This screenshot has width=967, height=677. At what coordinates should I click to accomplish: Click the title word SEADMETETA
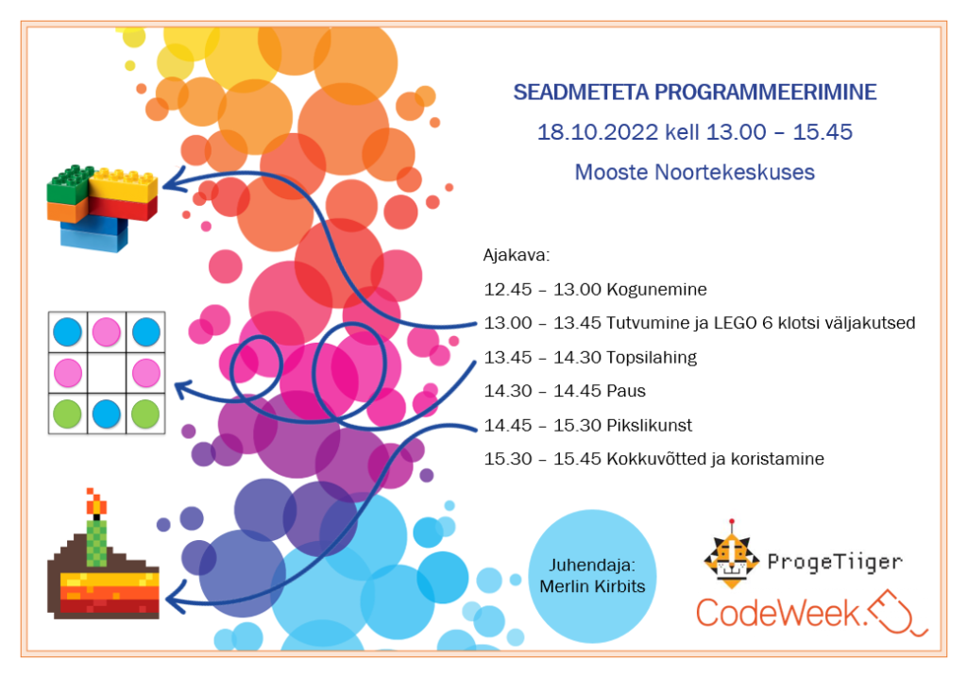[581, 93]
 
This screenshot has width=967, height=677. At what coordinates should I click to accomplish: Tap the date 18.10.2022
[598, 132]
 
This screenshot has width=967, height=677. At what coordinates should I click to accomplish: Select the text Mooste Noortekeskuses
[694, 172]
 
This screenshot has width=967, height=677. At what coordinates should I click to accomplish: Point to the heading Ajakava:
[517, 255]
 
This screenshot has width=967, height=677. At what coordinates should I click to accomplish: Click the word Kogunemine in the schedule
[656, 290]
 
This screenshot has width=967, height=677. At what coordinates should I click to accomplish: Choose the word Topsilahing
[652, 358]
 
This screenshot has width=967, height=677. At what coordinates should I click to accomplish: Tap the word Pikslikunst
[649, 426]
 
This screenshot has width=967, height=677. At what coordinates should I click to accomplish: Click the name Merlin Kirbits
[592, 585]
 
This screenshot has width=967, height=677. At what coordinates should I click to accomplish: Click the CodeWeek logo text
[778, 614]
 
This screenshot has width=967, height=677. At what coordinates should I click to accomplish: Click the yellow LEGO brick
[124, 185]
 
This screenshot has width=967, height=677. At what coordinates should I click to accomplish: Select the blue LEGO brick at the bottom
[93, 234]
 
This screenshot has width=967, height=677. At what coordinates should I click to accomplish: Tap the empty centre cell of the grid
[107, 372]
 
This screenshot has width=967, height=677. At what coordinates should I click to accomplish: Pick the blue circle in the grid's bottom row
[106, 415]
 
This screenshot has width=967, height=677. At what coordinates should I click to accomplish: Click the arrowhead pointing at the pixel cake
[175, 596]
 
